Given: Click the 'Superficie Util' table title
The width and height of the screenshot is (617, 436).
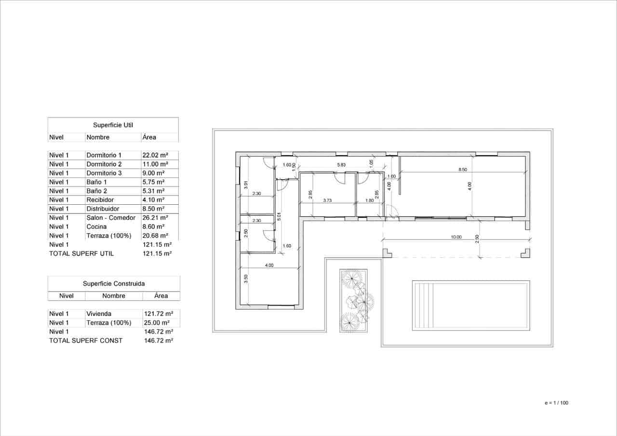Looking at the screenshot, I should [x=113, y=125].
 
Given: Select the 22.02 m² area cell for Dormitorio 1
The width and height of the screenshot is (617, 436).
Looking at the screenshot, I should [x=155, y=155].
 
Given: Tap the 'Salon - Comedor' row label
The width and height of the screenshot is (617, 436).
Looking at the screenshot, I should [x=111, y=218].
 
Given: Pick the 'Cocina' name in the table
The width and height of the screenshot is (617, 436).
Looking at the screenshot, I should [x=96, y=226].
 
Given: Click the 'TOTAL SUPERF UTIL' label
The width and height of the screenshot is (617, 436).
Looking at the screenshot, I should [x=81, y=253].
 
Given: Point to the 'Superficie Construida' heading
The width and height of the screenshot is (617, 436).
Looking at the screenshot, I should [x=114, y=284].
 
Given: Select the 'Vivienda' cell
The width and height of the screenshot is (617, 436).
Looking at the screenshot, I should [x=99, y=314].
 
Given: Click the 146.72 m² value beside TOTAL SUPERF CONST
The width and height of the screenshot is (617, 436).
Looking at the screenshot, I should [x=159, y=340].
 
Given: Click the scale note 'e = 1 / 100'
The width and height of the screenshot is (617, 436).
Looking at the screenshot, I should [x=556, y=403].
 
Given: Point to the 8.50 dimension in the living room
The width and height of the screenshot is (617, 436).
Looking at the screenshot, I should [x=462, y=170].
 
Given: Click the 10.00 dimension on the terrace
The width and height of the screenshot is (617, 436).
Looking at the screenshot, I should [x=456, y=237].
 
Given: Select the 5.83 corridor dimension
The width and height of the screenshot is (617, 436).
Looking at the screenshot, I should [x=341, y=165].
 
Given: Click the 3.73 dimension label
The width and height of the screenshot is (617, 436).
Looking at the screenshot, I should [x=327, y=200].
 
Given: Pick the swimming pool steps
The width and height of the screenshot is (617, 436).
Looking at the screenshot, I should [x=424, y=305].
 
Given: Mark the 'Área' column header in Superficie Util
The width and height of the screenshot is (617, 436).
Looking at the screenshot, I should [x=149, y=137].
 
